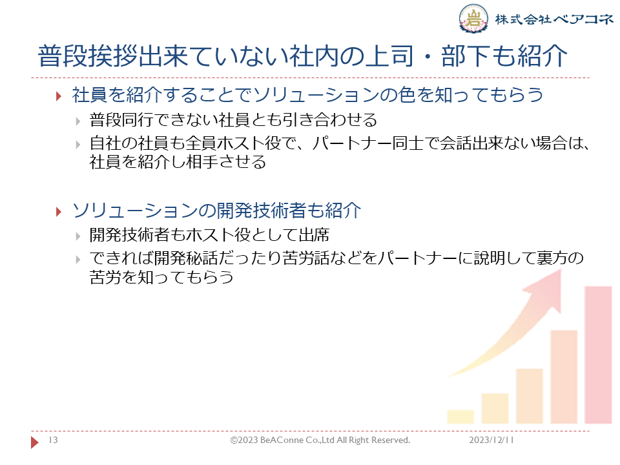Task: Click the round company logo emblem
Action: point(473,18)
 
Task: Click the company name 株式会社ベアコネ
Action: point(554,19)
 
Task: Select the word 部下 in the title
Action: point(466,56)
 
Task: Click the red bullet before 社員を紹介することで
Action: point(59,96)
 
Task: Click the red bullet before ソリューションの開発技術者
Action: point(59,212)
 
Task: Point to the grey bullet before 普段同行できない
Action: point(78,121)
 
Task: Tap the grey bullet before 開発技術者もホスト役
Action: point(78,236)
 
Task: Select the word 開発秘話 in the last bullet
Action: point(186,258)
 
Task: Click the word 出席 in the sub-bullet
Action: point(314,235)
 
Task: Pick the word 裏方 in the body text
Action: point(552,258)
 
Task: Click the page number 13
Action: point(53,440)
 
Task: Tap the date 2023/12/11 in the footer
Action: point(491,440)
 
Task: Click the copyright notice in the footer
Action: point(320,440)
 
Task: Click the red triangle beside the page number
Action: point(35,442)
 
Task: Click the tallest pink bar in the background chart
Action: point(598,355)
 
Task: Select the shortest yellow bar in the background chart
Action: point(460,417)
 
